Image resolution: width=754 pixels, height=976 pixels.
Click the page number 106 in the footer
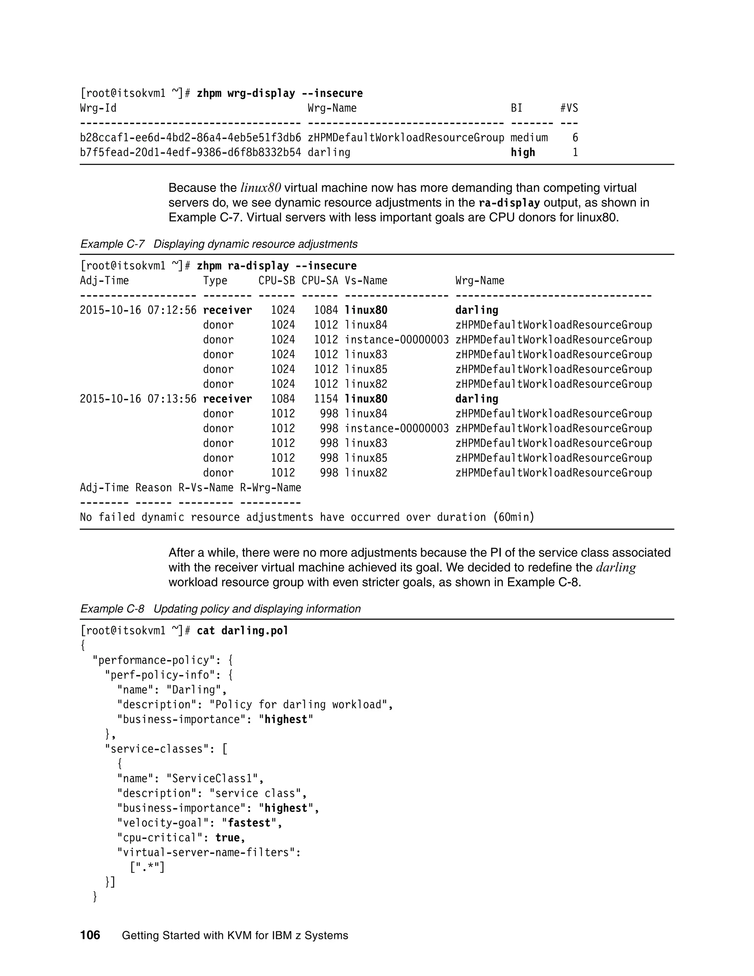pos(90,935)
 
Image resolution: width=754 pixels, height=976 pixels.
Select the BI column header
pos(517,108)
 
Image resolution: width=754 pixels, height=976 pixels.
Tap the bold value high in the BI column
pos(523,152)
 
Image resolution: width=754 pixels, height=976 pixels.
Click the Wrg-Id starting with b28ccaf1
pos(190,138)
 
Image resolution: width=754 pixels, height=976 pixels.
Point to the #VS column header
pos(569,108)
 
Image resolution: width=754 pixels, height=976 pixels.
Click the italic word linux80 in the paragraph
pos(260,188)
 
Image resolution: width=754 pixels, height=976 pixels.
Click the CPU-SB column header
pos(276,281)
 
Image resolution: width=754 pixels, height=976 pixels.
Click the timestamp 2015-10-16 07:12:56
pos(138,310)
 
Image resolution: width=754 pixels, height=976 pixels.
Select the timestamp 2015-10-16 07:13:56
pos(138,399)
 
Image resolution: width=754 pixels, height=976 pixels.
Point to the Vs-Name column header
pos(366,281)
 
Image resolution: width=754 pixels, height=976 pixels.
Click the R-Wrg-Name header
pos(270,488)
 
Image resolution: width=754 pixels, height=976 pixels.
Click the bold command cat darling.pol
pos(243,631)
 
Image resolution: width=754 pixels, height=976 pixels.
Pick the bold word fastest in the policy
pos(249,823)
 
